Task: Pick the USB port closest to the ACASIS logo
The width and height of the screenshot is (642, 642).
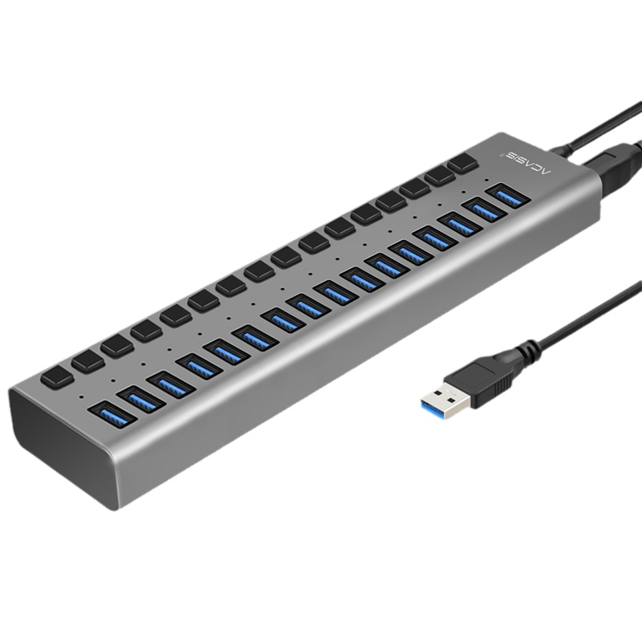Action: [x=508, y=195]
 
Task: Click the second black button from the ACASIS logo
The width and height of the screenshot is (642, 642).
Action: [x=439, y=177]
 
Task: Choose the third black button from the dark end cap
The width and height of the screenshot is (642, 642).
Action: [x=116, y=345]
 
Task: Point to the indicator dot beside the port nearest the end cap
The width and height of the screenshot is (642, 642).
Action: [x=83, y=396]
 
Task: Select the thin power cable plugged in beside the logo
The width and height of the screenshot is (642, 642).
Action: [x=594, y=132]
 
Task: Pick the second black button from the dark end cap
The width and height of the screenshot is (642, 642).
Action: [x=87, y=360]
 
